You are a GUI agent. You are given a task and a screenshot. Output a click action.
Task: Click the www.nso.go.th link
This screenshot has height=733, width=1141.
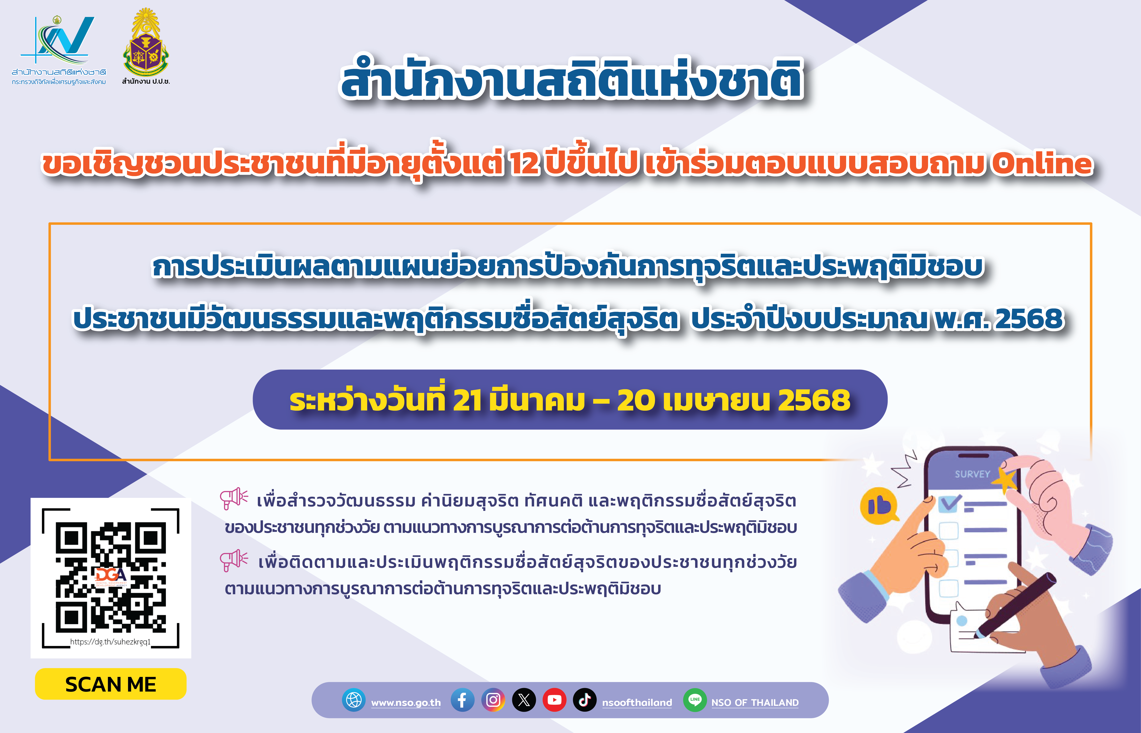(406, 703)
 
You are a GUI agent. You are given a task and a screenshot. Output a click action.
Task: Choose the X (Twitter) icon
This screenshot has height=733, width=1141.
(524, 700)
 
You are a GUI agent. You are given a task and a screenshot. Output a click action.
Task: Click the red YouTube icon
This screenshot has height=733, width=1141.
(554, 700)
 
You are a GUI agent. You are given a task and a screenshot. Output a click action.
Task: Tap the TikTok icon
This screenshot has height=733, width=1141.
(585, 700)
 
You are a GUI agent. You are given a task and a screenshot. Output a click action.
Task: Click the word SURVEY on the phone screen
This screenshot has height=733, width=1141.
(972, 474)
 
